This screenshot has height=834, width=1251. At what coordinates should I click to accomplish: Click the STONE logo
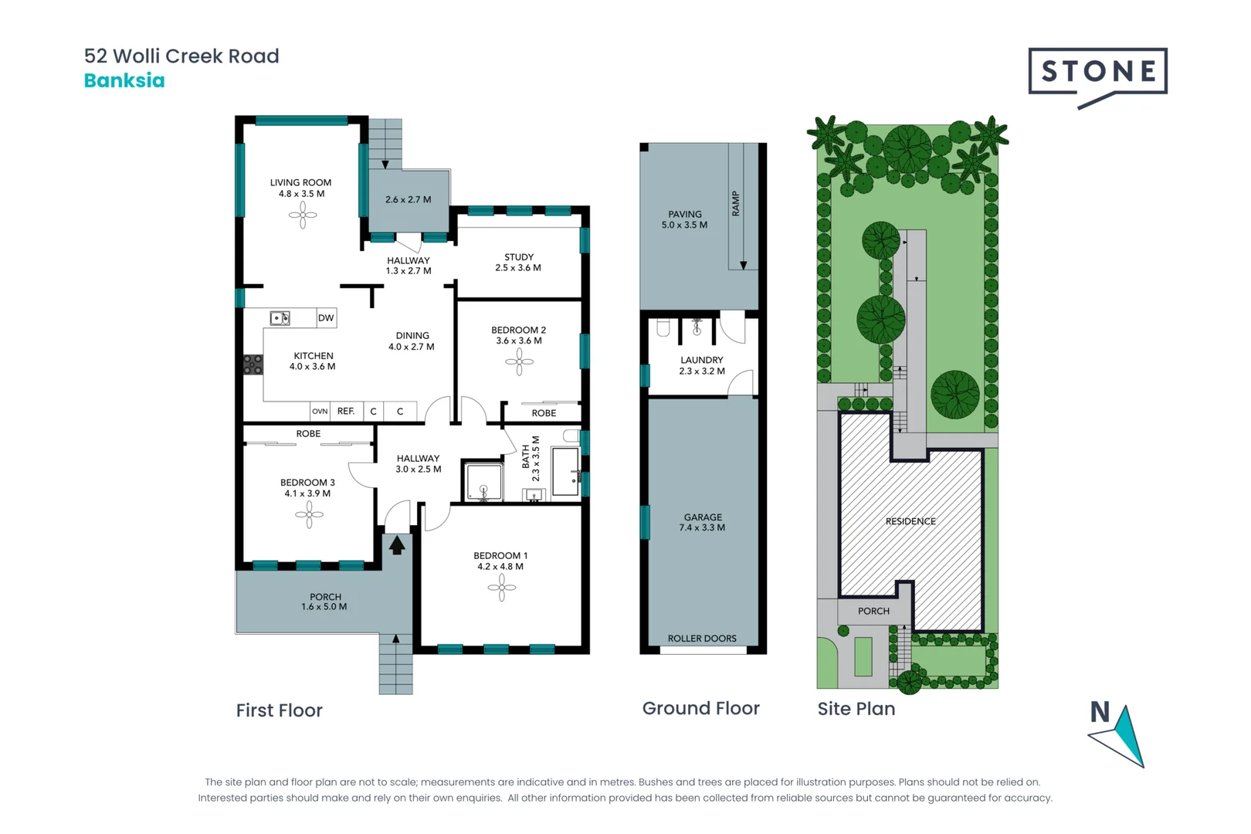1097,72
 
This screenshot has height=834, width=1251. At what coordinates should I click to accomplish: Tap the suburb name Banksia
124,80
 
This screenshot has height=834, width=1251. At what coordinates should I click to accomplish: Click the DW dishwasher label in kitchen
326,317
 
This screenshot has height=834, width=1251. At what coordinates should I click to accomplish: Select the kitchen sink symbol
280,318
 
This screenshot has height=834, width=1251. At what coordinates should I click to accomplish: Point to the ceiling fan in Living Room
303,215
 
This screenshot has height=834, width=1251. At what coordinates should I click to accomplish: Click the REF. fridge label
346,411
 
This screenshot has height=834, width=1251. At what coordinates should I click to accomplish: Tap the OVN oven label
320,412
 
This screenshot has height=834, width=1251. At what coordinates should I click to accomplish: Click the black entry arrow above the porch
397,545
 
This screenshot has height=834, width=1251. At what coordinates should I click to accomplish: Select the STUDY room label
518,257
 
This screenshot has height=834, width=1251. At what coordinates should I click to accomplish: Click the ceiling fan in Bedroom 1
502,588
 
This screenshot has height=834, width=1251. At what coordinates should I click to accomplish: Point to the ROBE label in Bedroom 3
308,434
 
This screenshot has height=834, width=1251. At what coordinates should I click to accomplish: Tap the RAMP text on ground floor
736,203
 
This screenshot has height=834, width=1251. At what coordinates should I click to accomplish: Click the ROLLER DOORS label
702,639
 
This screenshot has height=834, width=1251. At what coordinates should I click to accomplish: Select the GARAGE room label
703,517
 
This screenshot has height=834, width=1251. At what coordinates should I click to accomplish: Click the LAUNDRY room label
702,360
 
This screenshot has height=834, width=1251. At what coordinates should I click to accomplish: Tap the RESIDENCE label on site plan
910,521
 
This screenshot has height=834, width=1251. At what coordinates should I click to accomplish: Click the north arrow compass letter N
1100,712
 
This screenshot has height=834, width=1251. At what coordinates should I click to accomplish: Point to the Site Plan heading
856,709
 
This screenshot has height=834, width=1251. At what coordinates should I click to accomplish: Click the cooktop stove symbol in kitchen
253,364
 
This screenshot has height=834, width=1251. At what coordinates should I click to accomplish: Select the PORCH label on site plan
873,611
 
